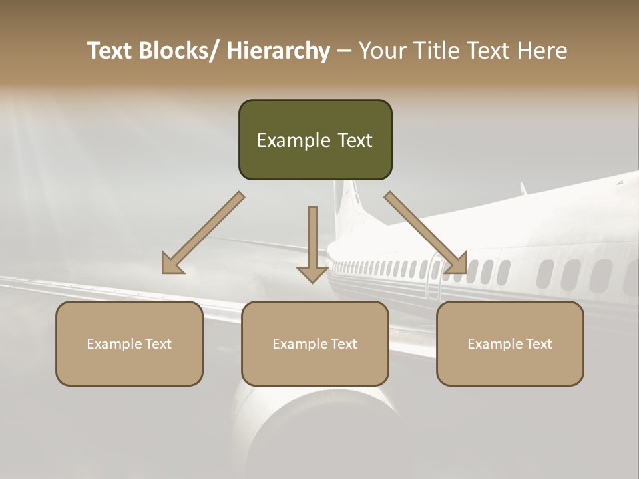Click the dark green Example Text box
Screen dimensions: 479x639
(315, 140)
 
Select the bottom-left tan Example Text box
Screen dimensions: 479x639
(129, 343)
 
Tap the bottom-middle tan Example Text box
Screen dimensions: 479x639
(315, 343)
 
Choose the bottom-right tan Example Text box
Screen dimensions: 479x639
(510, 343)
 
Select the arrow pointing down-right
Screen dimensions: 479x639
(426, 233)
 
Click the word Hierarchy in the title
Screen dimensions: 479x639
(278, 51)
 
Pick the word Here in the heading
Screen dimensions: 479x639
(543, 51)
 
